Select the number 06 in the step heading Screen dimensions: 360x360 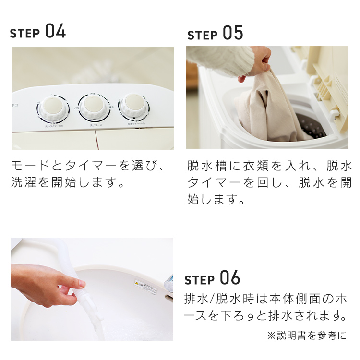[230, 278]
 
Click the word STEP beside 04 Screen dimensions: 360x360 [25, 34]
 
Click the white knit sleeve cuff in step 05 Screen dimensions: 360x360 [226, 60]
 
